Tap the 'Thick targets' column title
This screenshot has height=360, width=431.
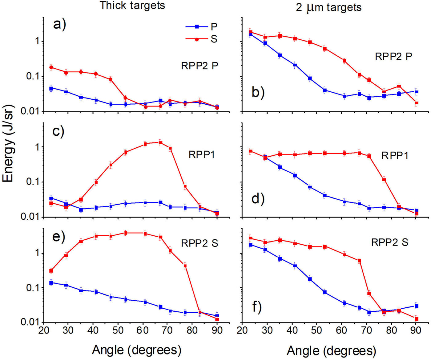pyautogui.click(x=132, y=5)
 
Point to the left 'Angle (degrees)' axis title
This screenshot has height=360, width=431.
pyautogui.click(x=136, y=350)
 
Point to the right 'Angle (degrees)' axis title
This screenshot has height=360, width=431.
pyautogui.click(x=331, y=350)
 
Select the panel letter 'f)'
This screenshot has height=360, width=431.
pyautogui.click(x=257, y=307)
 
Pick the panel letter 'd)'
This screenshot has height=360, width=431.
pyautogui.click(x=258, y=198)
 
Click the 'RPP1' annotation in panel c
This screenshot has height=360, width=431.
pyautogui.click(x=202, y=154)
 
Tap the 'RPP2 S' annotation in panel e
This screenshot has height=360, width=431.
pyautogui.click(x=199, y=243)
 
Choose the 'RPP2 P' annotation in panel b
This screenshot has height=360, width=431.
pyautogui.click(x=393, y=56)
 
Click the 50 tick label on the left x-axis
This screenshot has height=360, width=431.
pyautogui.click(x=118, y=330)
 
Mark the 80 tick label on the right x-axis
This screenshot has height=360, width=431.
pyautogui.click(x=391, y=330)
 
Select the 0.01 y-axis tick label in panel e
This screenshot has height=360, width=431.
pyautogui.click(x=30, y=322)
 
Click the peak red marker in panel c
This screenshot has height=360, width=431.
pyautogui.click(x=160, y=142)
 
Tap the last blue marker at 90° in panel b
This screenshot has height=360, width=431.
pyautogui.click(x=417, y=92)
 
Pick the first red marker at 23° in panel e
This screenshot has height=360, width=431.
pyautogui.click(x=51, y=271)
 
